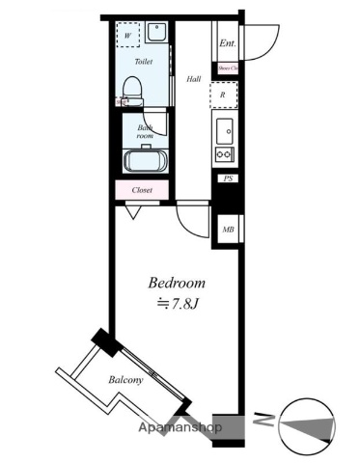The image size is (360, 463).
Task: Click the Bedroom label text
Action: click(177, 284)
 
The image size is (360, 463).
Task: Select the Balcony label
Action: click(125, 380)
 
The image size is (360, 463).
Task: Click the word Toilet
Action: click(144, 60)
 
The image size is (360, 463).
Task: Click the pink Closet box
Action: click(143, 190)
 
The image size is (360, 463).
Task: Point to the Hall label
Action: click(193, 79)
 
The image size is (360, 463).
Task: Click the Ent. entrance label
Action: click(227, 44)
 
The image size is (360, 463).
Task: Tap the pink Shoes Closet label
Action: click(228, 68)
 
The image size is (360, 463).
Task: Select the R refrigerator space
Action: click(224, 95)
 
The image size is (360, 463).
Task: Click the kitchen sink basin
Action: click(225, 130)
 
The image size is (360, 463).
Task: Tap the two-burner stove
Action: click(224, 154)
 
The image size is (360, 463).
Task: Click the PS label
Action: click(228, 178)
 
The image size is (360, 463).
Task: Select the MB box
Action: click(228, 229)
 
